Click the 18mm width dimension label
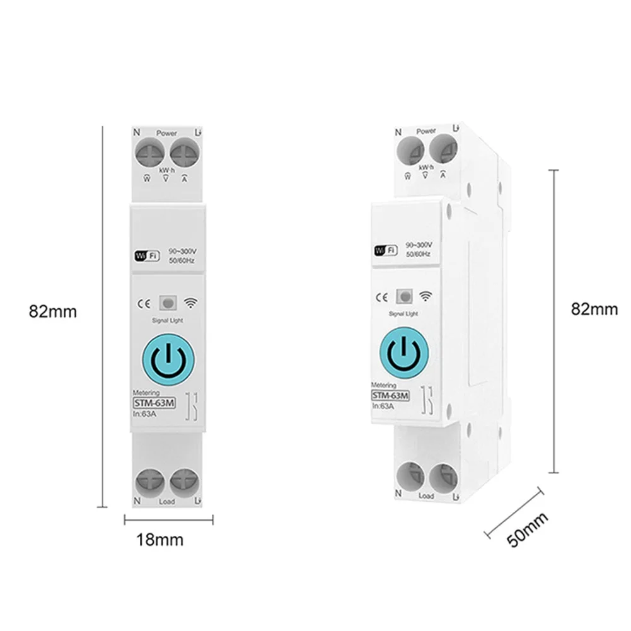(160, 540)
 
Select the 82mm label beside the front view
(52, 311)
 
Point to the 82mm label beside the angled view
(594, 309)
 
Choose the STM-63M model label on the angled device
(390, 395)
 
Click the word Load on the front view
(167, 502)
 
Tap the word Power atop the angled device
(426, 131)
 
